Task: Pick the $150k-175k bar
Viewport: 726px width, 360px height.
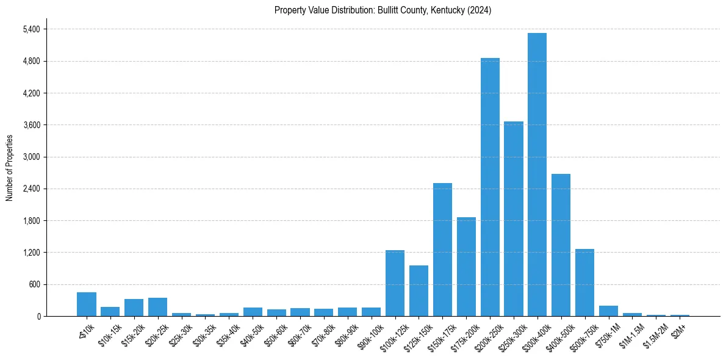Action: [x=442, y=250]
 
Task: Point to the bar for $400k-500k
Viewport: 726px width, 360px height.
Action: [x=561, y=245]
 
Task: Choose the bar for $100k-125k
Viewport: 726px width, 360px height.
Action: [x=395, y=283]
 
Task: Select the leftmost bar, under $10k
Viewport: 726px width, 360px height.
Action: [x=87, y=304]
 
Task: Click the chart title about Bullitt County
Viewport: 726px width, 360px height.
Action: [x=383, y=10]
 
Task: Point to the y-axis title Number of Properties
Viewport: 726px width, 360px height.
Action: [x=9, y=168]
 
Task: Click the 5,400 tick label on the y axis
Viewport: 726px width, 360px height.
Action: [x=30, y=29]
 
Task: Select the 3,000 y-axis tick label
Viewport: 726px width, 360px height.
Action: [x=30, y=157]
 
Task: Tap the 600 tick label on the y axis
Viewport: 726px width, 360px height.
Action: [x=33, y=284]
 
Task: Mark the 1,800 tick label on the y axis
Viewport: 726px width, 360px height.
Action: [x=30, y=221]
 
